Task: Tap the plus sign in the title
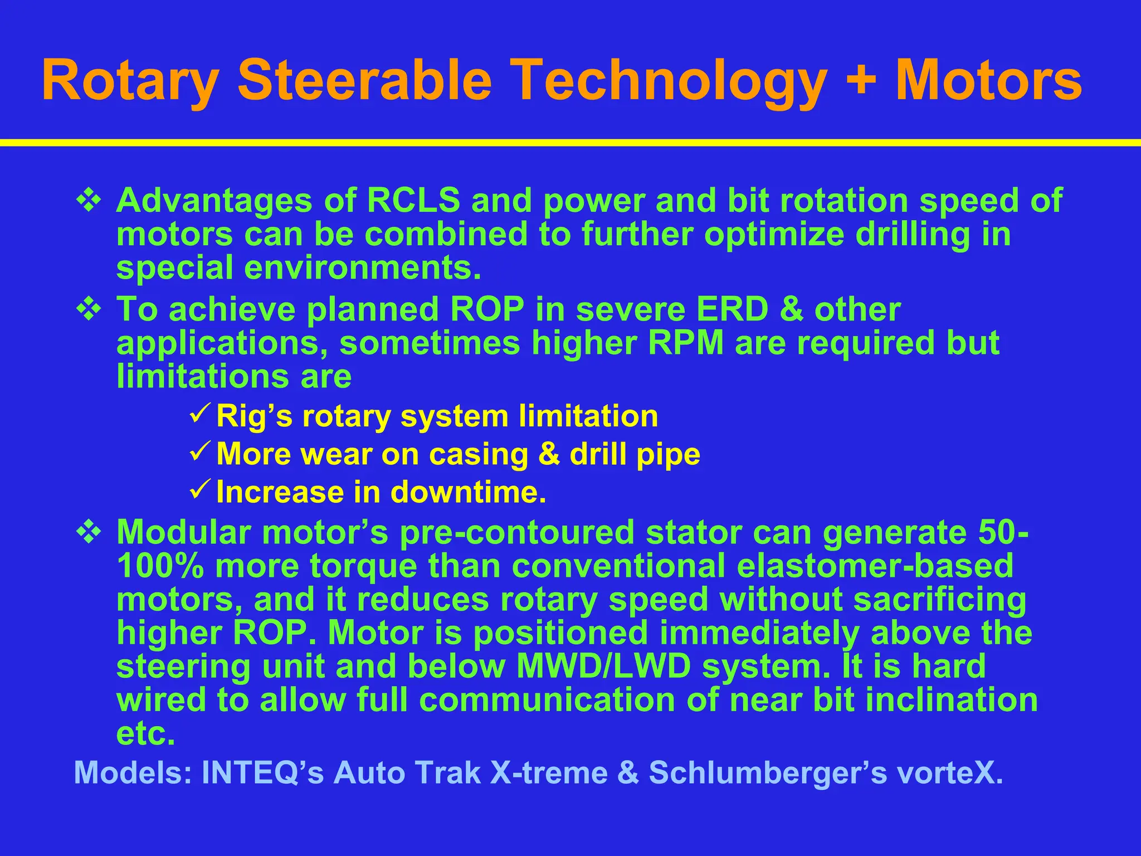[861, 82]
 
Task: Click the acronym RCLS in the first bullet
[413, 200]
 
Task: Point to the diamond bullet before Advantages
[89, 201]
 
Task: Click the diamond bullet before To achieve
[89, 309]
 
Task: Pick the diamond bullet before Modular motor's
[89, 532]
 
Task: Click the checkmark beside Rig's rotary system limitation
[199, 414]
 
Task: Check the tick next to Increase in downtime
[199, 489]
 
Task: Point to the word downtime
[468, 492]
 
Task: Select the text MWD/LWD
[604, 666]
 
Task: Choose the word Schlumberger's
[767, 773]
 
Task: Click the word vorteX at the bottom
[950, 773]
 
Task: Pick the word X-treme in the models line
[549, 773]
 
